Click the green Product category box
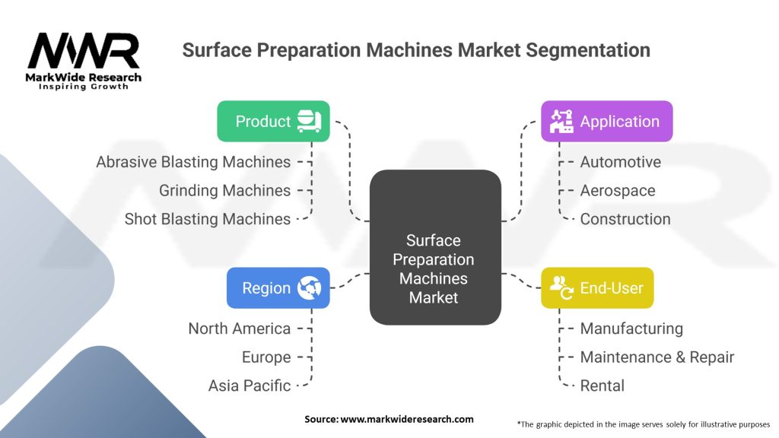[x=273, y=121]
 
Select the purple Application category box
[x=606, y=121]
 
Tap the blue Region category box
[x=278, y=288]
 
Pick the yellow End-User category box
[x=597, y=288]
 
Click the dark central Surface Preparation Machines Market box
[x=435, y=247]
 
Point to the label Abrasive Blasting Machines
[x=193, y=162]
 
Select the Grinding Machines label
[x=224, y=191]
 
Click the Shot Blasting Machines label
[x=208, y=219]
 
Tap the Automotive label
[x=621, y=162]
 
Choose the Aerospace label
[x=618, y=191]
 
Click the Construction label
[x=625, y=219]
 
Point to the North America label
[x=240, y=328]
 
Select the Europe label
[x=266, y=357]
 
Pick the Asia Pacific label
[x=250, y=386]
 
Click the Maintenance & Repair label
[x=657, y=357]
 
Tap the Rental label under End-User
[x=603, y=386]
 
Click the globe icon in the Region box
[x=309, y=288]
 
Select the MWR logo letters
[x=84, y=51]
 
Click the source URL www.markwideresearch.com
[x=407, y=419]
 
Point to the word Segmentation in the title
[x=588, y=50]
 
